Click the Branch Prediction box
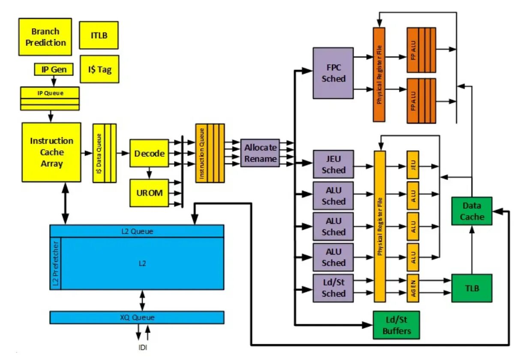pyautogui.click(x=45, y=37)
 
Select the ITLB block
pyautogui.click(x=99, y=36)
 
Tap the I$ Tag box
pyautogui.click(x=99, y=69)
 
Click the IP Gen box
pyautogui.click(x=54, y=69)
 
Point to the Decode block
pyautogui.click(x=149, y=153)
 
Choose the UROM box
pyautogui.click(x=149, y=193)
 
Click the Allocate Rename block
pyautogui.click(x=260, y=153)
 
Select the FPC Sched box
pyautogui.click(x=333, y=73)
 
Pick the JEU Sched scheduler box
pyautogui.click(x=333, y=164)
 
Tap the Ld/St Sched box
pyautogui.click(x=333, y=288)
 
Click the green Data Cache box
pyautogui.click(x=471, y=211)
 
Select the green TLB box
pyautogui.click(x=471, y=288)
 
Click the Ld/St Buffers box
pyautogui.click(x=396, y=325)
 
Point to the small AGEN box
pyautogui.click(x=413, y=288)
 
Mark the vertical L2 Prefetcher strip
pyautogui.click(x=56, y=263)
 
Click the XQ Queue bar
pyautogui.click(x=137, y=318)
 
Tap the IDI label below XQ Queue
pyautogui.click(x=143, y=347)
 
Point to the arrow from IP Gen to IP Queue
pyautogui.click(x=54, y=81)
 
